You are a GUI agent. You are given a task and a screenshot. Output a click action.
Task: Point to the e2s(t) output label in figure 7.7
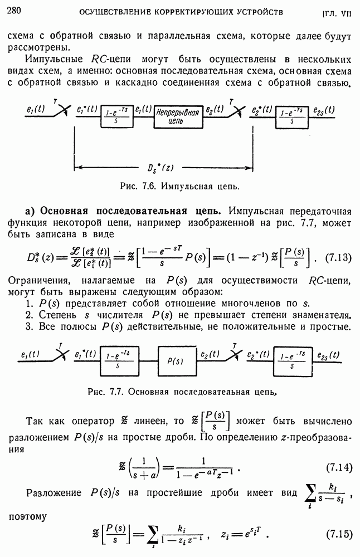(x=329, y=355)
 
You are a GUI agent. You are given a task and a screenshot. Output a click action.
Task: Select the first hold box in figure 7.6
(x=116, y=116)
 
